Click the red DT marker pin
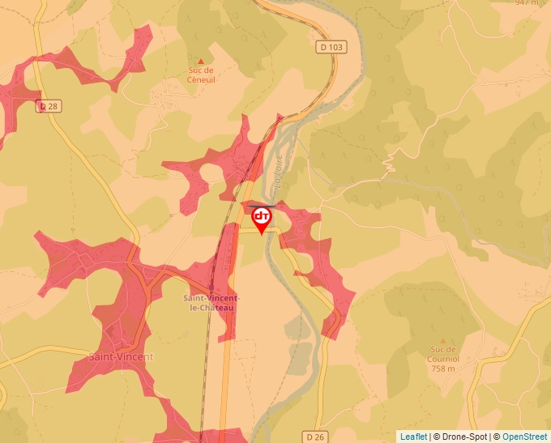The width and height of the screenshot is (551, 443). coord(262,218)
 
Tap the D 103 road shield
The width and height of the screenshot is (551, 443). coord(331,48)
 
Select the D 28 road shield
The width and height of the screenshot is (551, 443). coord(49,106)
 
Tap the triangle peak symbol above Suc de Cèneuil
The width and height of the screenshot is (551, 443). coord(201,61)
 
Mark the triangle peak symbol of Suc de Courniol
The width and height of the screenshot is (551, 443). coord(442,341)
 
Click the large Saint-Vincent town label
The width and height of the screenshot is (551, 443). coord(121,356)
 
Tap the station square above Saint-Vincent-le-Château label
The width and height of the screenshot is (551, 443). coord(211,287)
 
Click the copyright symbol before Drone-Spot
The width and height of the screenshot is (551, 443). coord(437,437)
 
